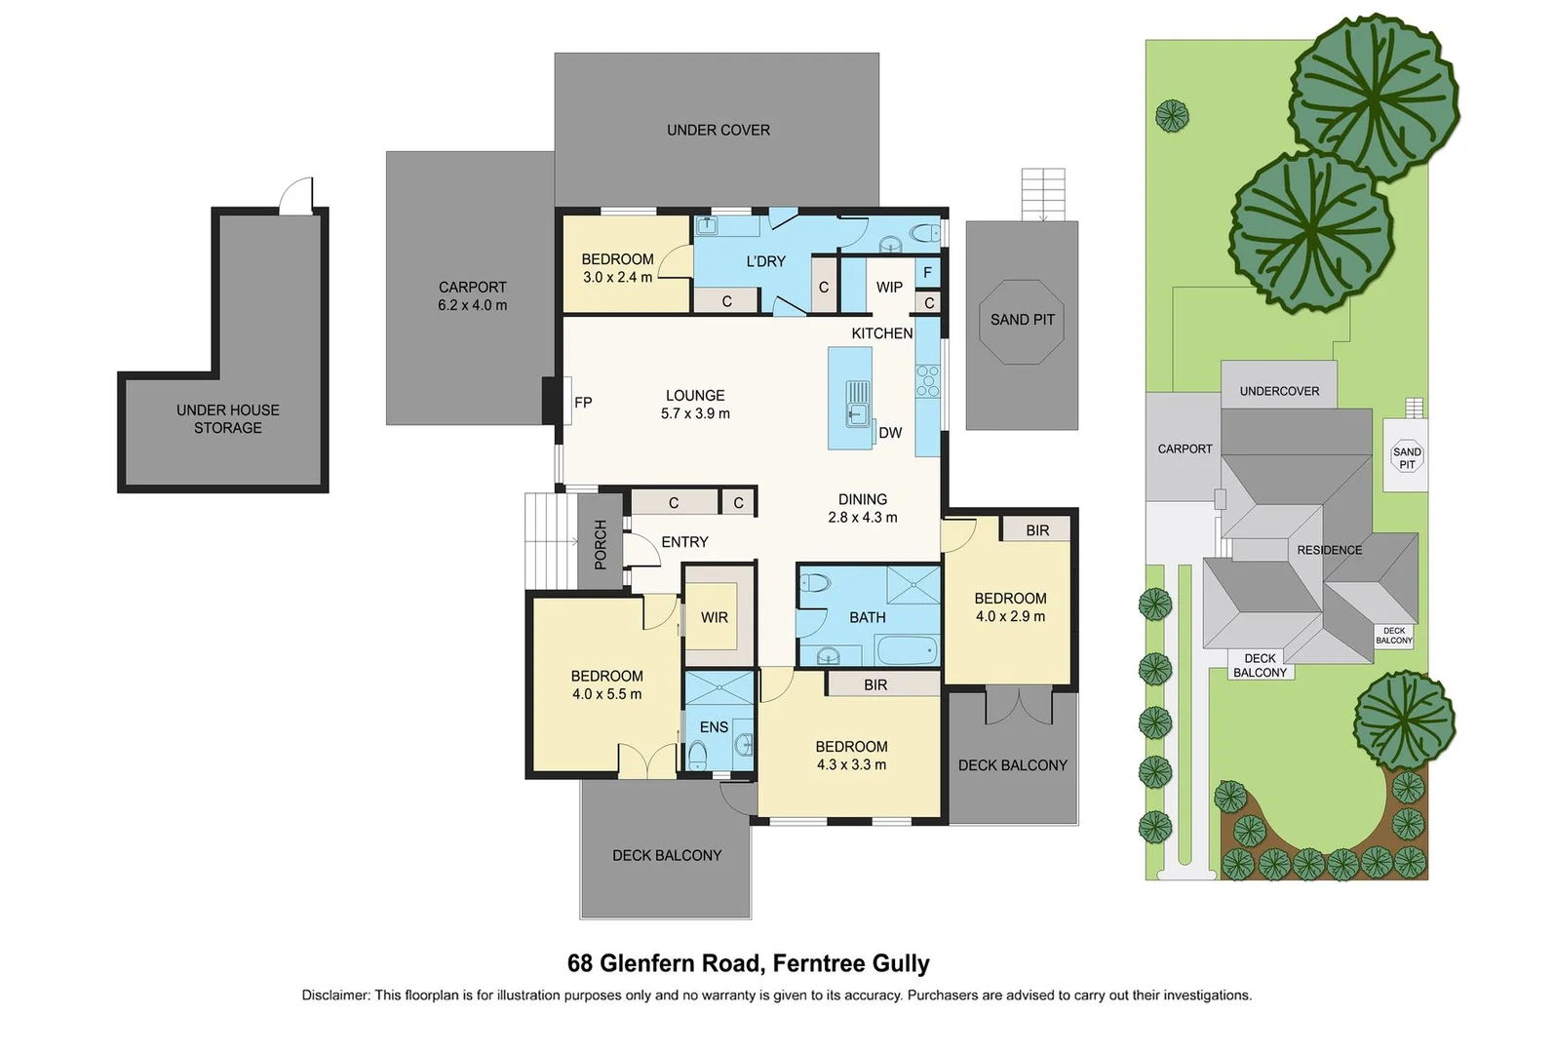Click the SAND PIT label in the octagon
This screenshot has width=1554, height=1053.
[x=1022, y=320]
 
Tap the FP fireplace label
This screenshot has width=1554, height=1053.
[x=583, y=403]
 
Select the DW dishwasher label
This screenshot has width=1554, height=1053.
[x=890, y=433]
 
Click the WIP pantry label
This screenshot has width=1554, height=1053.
[x=889, y=288]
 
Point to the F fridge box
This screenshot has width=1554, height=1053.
[x=927, y=273]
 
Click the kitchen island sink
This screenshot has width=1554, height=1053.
[x=858, y=403]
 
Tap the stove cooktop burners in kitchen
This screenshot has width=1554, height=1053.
[x=927, y=381]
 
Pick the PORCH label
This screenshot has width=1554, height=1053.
[x=601, y=544]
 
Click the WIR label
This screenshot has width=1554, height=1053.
[x=714, y=617]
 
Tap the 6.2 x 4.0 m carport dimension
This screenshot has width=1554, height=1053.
[x=472, y=305]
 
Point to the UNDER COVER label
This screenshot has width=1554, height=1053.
[x=719, y=131]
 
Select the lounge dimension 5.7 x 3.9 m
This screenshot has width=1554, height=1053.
[x=695, y=413]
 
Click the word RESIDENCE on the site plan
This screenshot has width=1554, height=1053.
[x=1329, y=550]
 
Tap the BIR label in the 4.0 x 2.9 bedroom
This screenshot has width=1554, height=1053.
[x=1037, y=530]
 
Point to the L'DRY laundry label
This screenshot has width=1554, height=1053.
[x=766, y=261]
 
